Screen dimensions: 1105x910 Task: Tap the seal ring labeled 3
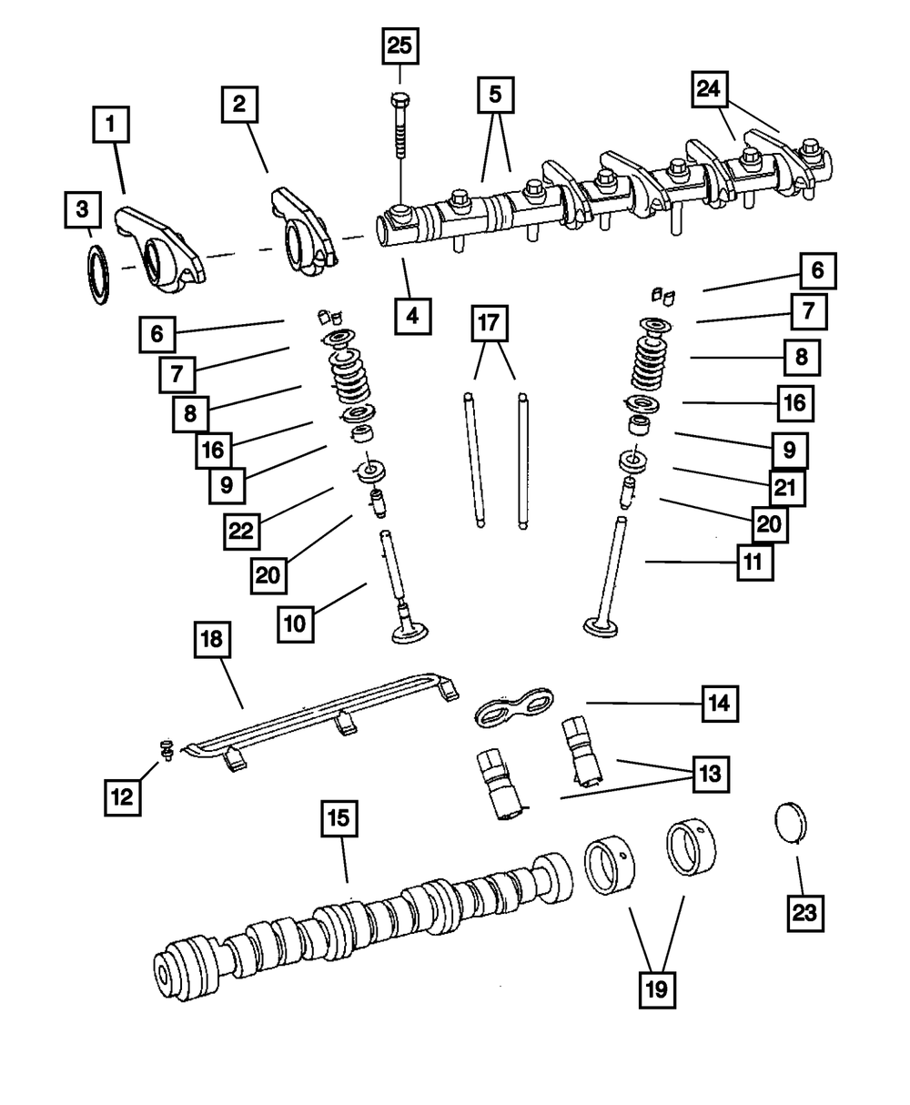(x=97, y=274)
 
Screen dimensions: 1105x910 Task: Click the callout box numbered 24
(x=713, y=89)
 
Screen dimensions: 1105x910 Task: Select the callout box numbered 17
(x=490, y=323)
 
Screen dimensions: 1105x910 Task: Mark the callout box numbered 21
(x=785, y=488)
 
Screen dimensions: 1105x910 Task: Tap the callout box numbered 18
(x=212, y=641)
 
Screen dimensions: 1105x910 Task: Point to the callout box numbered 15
(x=338, y=819)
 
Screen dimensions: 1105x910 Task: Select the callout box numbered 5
(x=495, y=94)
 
